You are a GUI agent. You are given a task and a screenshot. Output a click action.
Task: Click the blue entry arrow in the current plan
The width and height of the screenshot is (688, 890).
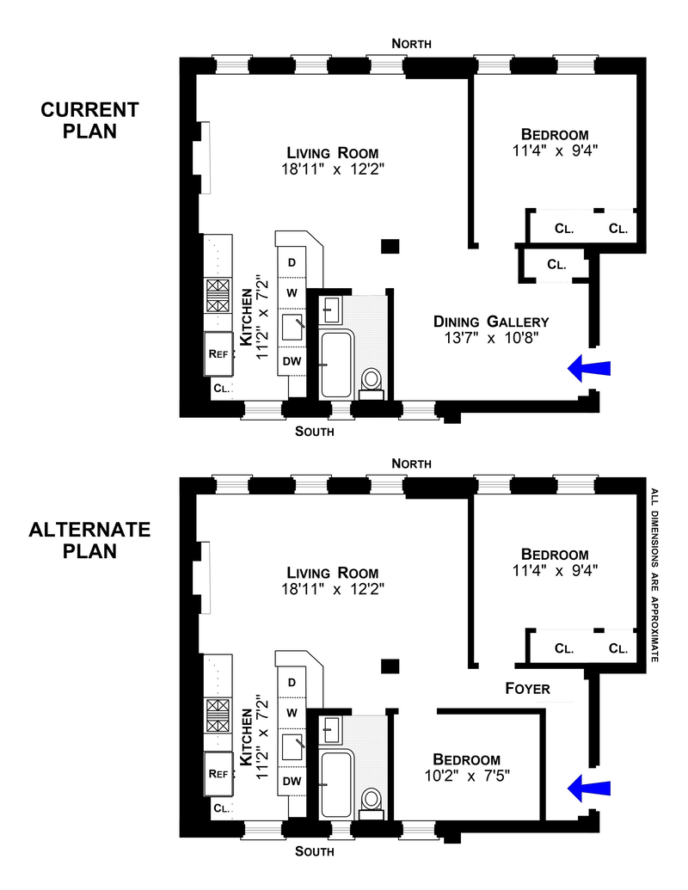pyautogui.click(x=589, y=368)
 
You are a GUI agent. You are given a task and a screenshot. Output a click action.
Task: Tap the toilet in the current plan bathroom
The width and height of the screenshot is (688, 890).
pyautogui.click(x=372, y=380)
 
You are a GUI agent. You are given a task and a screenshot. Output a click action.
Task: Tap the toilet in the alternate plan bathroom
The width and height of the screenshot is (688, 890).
pyautogui.click(x=372, y=800)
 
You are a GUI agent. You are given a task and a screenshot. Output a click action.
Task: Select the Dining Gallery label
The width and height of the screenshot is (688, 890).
pyautogui.click(x=491, y=322)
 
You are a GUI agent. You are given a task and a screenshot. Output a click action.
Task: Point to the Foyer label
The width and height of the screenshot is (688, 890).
pyautogui.click(x=527, y=689)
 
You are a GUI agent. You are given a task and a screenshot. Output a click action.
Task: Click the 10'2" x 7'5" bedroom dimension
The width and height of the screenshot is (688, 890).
pyautogui.click(x=467, y=776)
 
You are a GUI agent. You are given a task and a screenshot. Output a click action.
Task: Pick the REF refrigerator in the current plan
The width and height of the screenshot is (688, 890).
pyautogui.click(x=218, y=353)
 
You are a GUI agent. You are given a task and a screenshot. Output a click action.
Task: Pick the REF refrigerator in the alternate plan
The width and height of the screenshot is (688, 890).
pyautogui.click(x=218, y=773)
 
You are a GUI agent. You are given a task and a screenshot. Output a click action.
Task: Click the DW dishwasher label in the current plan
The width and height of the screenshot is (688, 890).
pyautogui.click(x=292, y=361)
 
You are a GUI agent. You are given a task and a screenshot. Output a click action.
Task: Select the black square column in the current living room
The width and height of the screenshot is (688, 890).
pyautogui.click(x=390, y=246)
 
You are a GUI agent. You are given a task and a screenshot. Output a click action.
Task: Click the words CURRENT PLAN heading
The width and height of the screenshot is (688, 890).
pyautogui.click(x=90, y=120)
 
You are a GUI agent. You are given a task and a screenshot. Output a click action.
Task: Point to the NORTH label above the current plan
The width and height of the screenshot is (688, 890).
pyautogui.click(x=411, y=43)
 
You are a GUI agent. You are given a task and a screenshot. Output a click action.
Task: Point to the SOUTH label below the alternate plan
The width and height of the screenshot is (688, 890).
pyautogui.click(x=314, y=852)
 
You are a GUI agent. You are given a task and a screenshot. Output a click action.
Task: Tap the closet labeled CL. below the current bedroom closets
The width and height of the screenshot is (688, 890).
pyautogui.click(x=556, y=265)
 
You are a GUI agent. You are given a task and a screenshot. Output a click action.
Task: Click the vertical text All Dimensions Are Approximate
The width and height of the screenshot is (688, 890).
pyautogui.click(x=654, y=574)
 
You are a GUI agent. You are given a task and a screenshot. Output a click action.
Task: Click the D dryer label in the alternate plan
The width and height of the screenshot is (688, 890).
pyautogui.click(x=292, y=682)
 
